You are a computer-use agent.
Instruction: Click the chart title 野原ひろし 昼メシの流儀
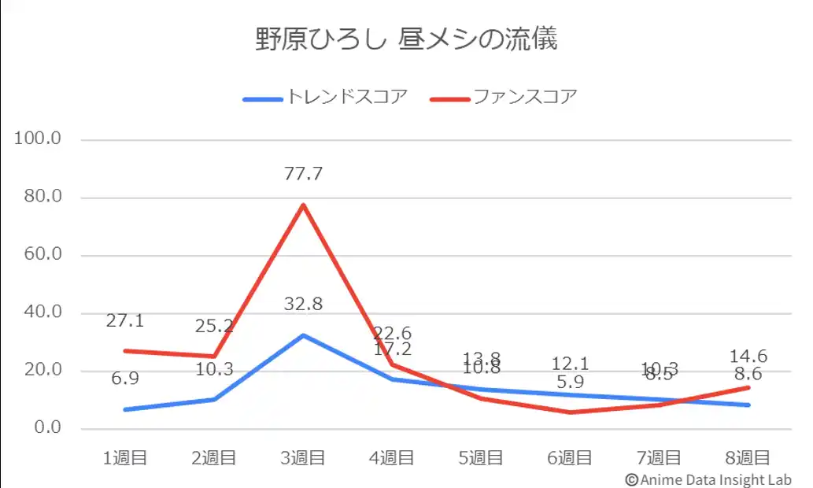[406, 39]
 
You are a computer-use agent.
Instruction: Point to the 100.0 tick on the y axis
[39, 139]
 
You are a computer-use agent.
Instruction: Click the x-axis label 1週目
[125, 458]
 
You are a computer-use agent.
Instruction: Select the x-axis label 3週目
[303, 458]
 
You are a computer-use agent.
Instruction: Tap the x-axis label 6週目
[570, 458]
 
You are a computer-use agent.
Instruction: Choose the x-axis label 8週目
[748, 458]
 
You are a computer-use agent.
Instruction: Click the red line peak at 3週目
[303, 205]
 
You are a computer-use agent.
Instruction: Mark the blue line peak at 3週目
[303, 335]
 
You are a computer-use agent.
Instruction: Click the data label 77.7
[303, 174]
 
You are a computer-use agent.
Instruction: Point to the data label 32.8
[303, 305]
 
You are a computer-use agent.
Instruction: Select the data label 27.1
[125, 321]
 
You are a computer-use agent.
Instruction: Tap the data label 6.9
[125, 379]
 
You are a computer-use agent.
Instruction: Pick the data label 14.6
[748, 357]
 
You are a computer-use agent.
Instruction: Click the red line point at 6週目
[570, 412]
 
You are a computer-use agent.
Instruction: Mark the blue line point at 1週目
[125, 409]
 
